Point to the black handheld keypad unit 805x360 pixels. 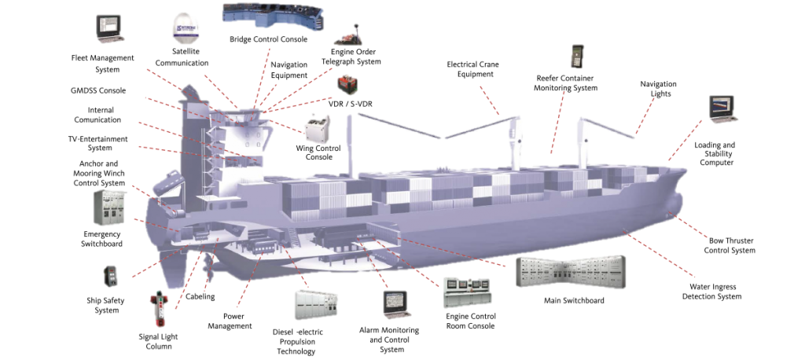tap(577, 57)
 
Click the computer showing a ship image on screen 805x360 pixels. tap(722, 108)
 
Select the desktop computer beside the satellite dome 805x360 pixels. tap(108, 27)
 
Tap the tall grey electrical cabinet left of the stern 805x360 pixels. tap(109, 208)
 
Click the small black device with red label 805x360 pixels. tap(110, 276)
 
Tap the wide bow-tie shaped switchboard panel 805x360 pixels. tap(571, 272)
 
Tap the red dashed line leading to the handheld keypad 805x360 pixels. tap(558, 122)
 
